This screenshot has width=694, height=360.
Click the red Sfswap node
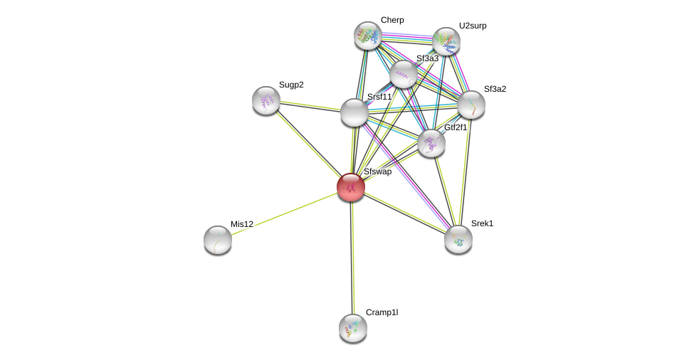point(351,187)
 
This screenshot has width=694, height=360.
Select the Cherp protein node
point(368,36)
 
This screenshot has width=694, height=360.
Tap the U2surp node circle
point(446,41)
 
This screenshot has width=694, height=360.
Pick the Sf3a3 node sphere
point(404,74)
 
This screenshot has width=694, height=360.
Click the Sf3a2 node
point(471,105)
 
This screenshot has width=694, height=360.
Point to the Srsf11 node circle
point(354,112)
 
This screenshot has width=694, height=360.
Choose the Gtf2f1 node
point(431,143)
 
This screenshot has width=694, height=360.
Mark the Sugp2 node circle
point(266,100)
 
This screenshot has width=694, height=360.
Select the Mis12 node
point(218,240)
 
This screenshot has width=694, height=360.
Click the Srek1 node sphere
point(458,239)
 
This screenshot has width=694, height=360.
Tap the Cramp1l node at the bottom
point(353,328)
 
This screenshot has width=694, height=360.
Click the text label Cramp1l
point(382,312)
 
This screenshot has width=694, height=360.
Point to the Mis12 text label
point(242,224)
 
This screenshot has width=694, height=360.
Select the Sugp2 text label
point(291,85)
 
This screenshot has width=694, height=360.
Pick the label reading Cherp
point(392,20)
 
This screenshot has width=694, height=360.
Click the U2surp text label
point(473,26)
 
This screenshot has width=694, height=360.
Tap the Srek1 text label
point(482,223)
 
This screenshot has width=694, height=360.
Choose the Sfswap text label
point(377,171)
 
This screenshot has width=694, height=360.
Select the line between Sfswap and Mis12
point(285,213)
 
